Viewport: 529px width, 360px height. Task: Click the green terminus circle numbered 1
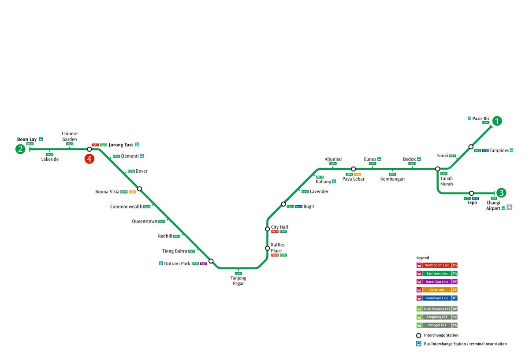497,121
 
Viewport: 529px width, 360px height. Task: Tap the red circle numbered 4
89,159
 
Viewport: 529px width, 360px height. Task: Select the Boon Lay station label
27,139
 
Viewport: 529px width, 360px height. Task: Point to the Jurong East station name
121,145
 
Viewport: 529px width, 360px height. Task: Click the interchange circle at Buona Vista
139,189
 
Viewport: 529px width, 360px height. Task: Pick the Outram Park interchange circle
211,261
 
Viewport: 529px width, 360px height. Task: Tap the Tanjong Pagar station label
238,281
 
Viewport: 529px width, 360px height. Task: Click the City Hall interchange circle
267,229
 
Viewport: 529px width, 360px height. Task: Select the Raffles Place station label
278,248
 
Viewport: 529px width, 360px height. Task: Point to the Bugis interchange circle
283,204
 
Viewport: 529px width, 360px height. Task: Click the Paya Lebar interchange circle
353,169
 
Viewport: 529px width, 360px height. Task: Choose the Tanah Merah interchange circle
438,169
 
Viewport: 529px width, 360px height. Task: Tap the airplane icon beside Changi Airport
510,208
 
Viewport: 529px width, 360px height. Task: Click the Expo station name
472,203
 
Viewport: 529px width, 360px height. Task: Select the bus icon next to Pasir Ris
469,118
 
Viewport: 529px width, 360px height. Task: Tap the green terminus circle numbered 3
501,193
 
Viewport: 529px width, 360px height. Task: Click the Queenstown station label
145,221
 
